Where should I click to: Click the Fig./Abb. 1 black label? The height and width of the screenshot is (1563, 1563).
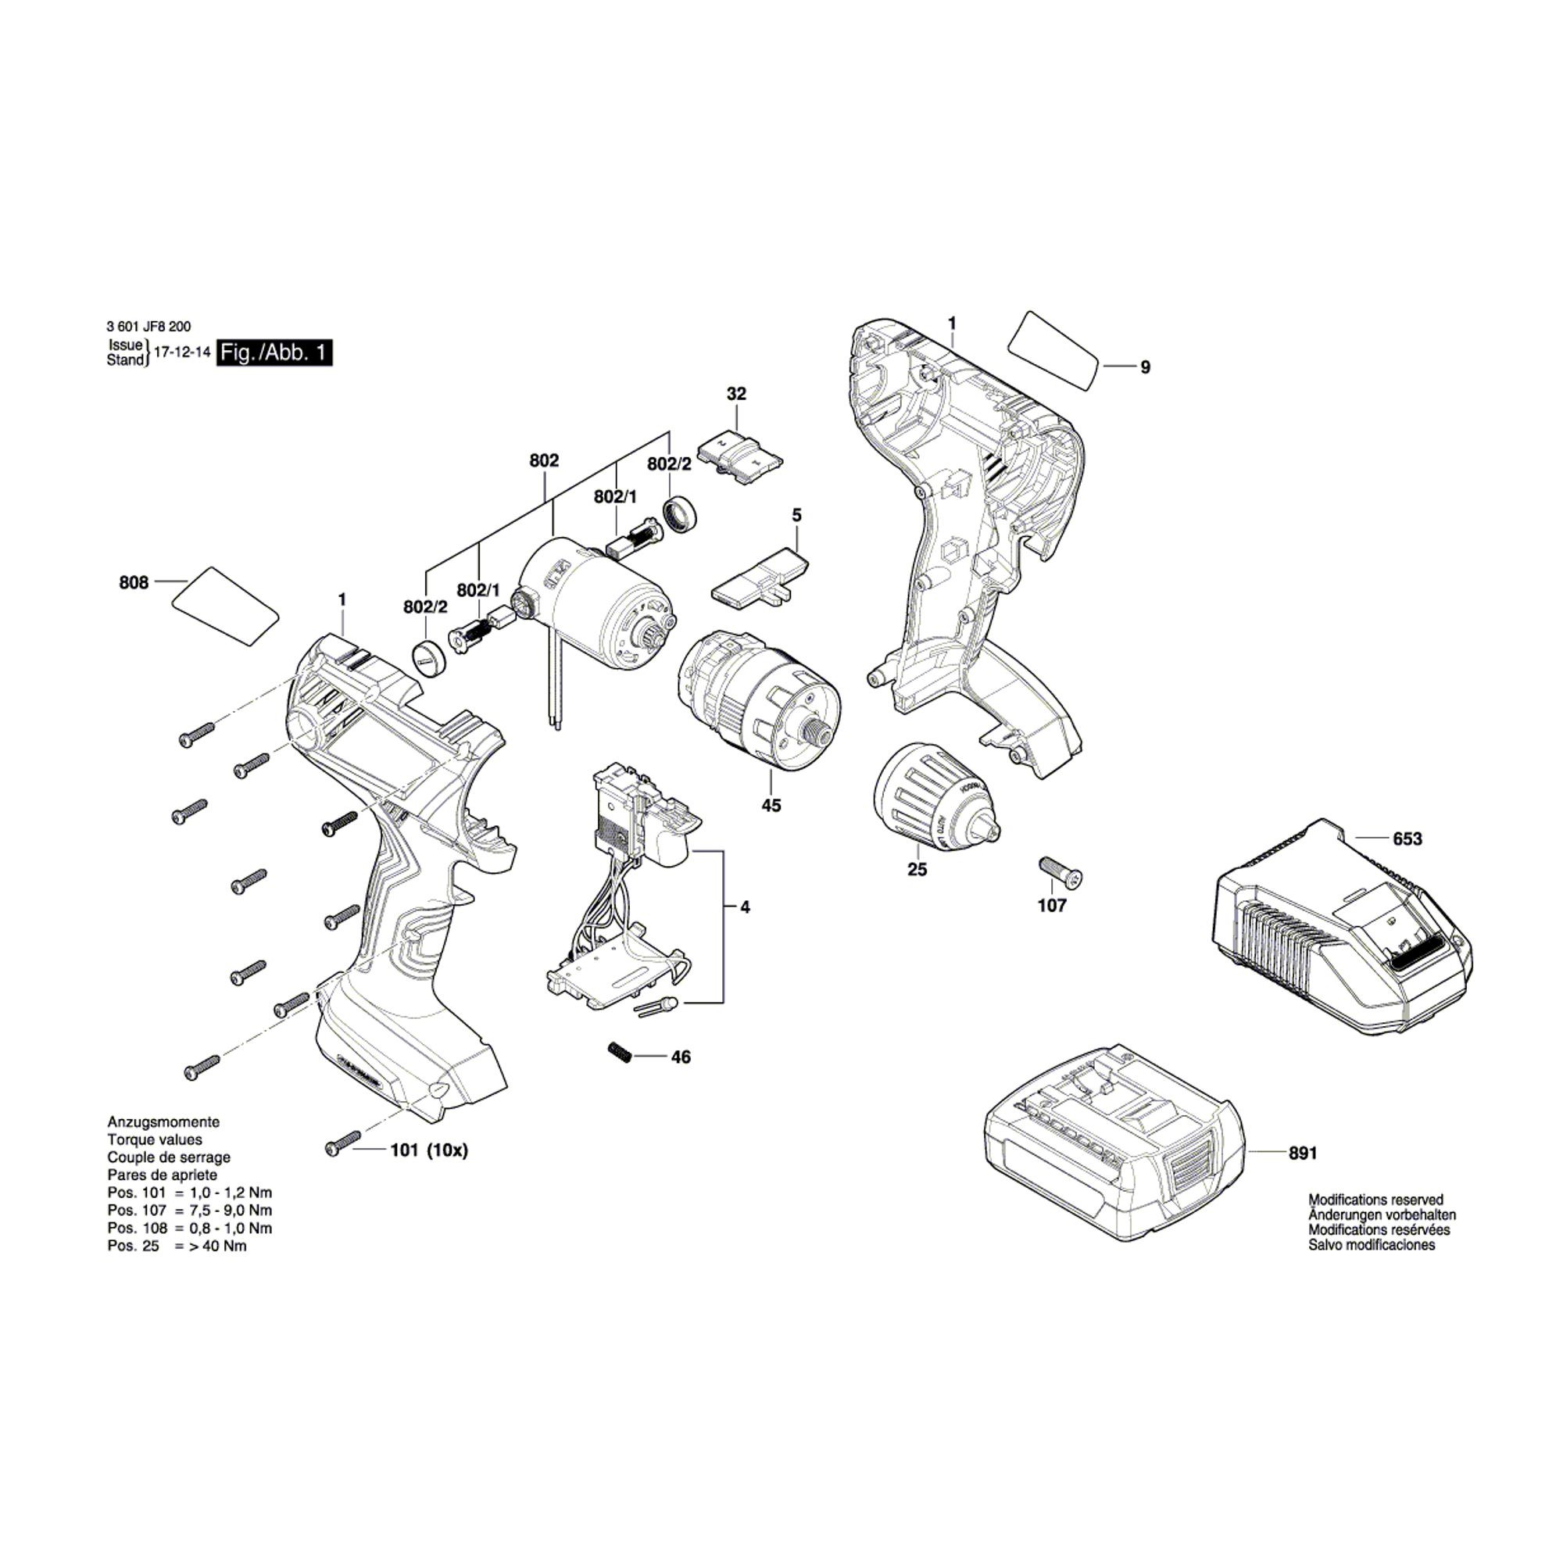click(x=274, y=352)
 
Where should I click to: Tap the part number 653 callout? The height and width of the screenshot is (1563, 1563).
click(x=1407, y=839)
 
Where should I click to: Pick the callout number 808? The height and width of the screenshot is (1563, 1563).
click(x=134, y=582)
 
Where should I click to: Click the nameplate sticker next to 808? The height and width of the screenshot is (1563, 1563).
click(x=226, y=606)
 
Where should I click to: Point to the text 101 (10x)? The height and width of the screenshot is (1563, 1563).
click(x=429, y=1150)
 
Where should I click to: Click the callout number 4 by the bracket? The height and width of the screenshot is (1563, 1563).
click(x=744, y=907)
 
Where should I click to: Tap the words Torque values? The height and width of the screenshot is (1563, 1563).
click(x=155, y=1140)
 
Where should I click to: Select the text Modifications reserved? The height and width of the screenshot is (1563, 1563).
click(x=1375, y=1200)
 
